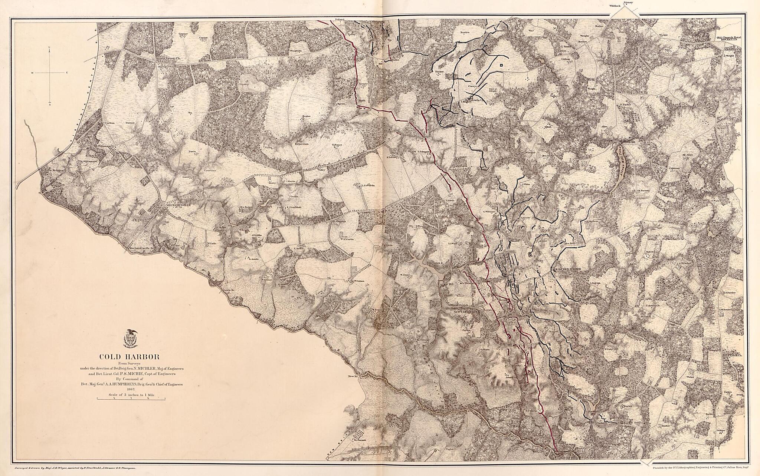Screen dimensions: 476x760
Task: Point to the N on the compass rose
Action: pyautogui.click(x=49, y=47)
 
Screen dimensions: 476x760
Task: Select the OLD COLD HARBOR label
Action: pyautogui.click(x=567, y=268)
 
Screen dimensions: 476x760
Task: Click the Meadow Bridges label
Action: pyautogui.click(x=52, y=170)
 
